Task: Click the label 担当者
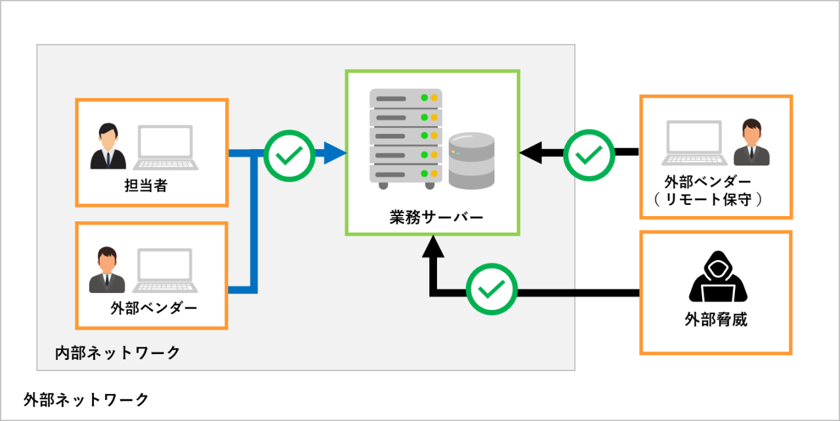pyautogui.click(x=146, y=185)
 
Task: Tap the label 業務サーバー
pyautogui.click(x=436, y=217)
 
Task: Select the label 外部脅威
pyautogui.click(x=716, y=319)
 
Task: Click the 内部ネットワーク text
pyautogui.click(x=117, y=353)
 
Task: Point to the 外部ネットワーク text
pyautogui.click(x=86, y=399)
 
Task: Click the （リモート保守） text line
pyautogui.click(x=708, y=199)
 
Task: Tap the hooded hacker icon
pyautogui.click(x=718, y=276)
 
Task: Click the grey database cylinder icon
pyautogui.click(x=471, y=161)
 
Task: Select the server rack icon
pyautogui.click(x=406, y=139)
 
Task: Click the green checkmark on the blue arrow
pyautogui.click(x=289, y=156)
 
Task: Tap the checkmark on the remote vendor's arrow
pyautogui.click(x=589, y=156)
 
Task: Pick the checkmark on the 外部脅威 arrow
pyautogui.click(x=492, y=289)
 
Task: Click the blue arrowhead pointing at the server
pyautogui.click(x=335, y=153)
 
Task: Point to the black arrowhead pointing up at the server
pyautogui.click(x=433, y=246)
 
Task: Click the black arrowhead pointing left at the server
pyautogui.click(x=531, y=153)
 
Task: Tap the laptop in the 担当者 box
pyautogui.click(x=166, y=148)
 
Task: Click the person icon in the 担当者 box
pyautogui.click(x=108, y=146)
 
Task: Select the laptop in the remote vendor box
pyautogui.click(x=694, y=143)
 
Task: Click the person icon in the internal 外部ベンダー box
pyautogui.click(x=107, y=269)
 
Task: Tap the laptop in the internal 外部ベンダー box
pyautogui.click(x=165, y=270)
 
